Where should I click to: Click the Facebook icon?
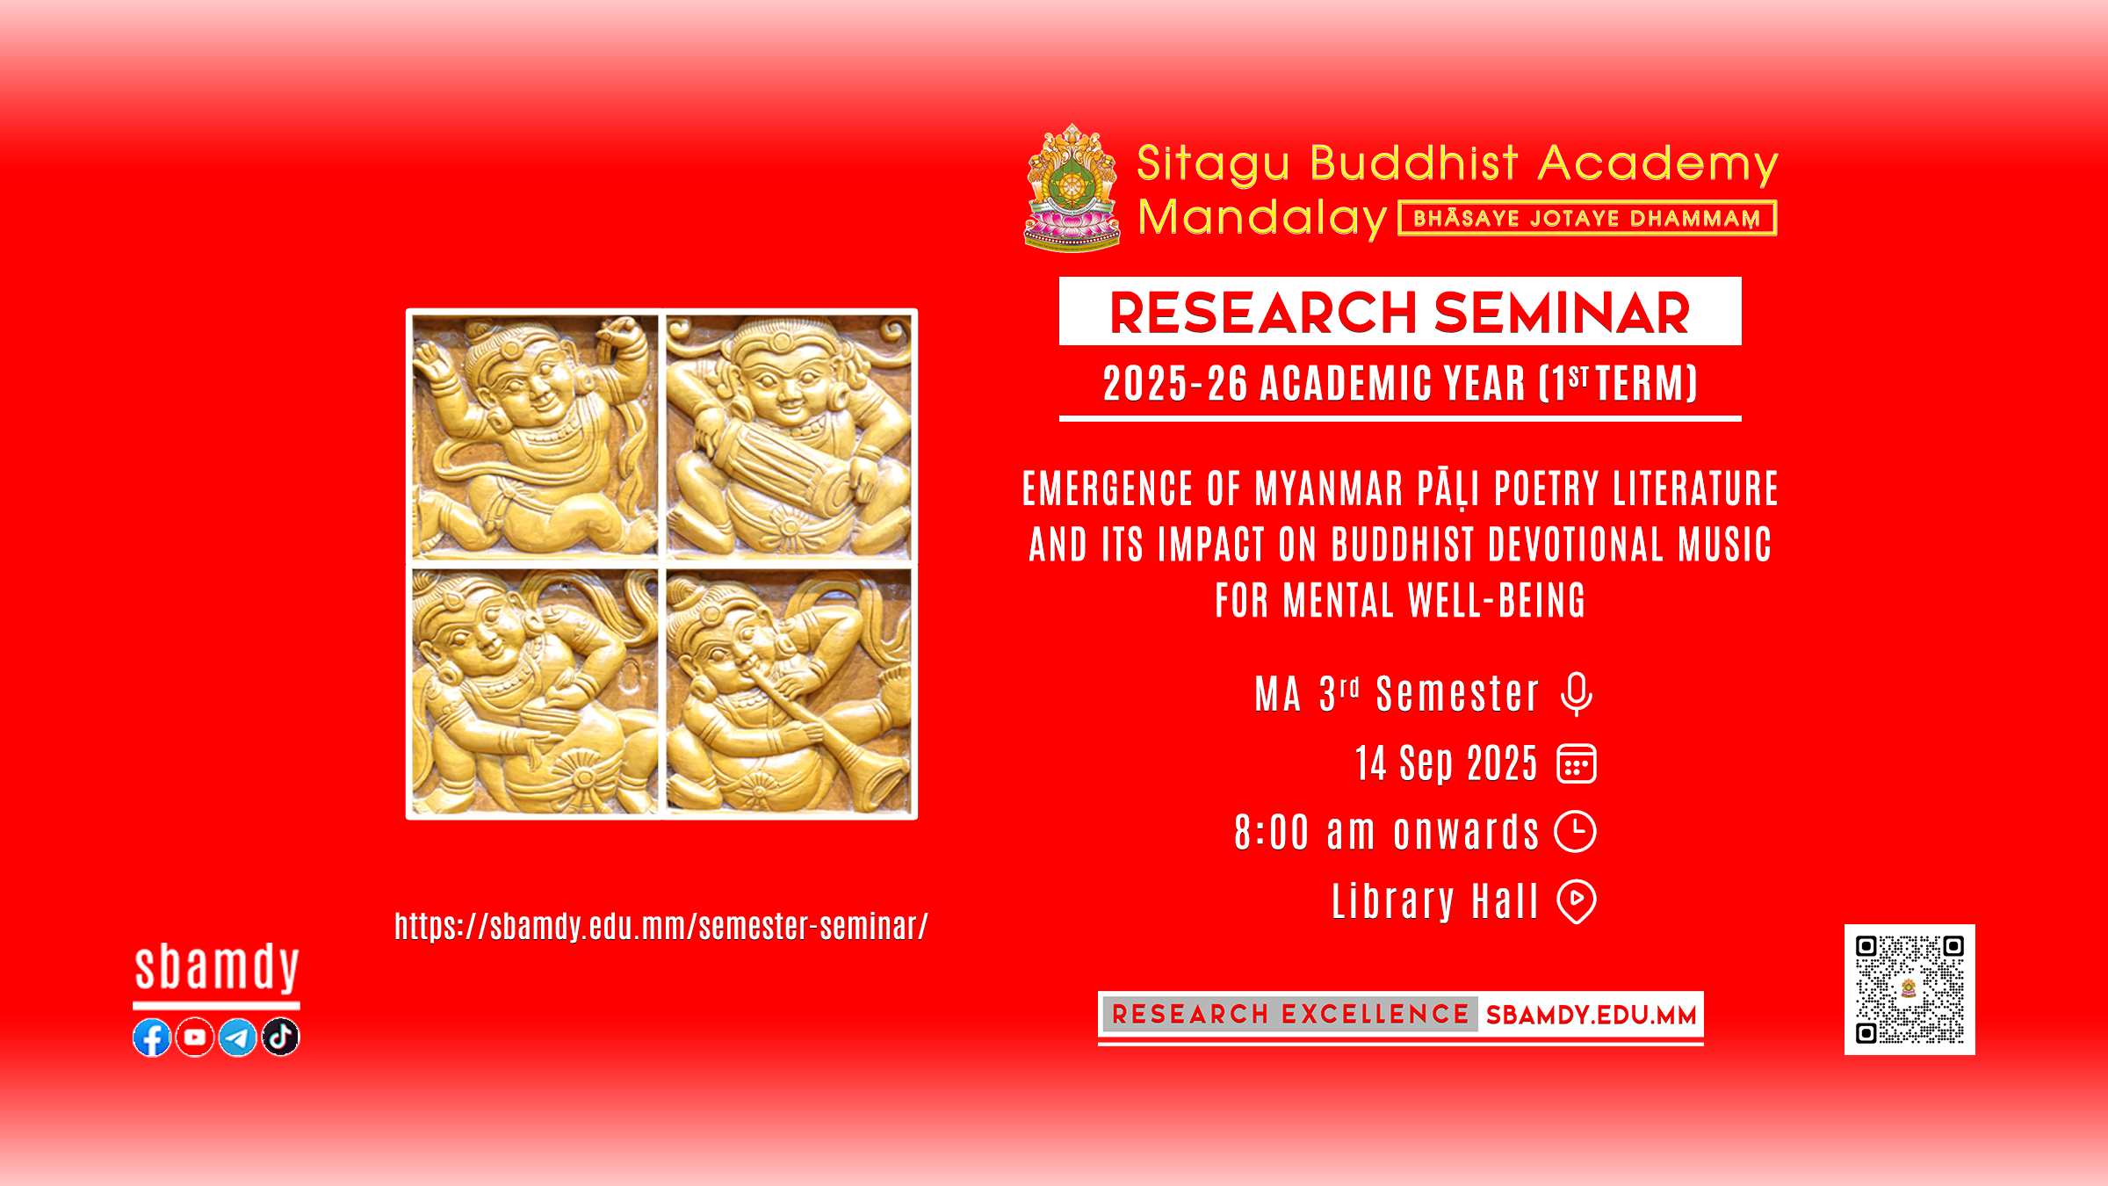(x=152, y=1038)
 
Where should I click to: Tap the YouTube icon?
(x=195, y=1038)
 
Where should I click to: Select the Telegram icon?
(x=237, y=1038)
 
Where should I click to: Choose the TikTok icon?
(x=280, y=1037)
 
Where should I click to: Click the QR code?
(x=1909, y=989)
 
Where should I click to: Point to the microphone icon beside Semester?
(x=1577, y=694)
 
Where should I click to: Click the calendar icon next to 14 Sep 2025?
(x=1577, y=763)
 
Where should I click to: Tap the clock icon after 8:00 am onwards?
(x=1576, y=832)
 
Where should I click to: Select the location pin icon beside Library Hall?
(x=1577, y=901)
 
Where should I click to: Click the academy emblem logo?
(x=1072, y=188)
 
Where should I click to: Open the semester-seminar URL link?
(x=661, y=926)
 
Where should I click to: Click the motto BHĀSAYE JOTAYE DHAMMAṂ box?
(x=1587, y=218)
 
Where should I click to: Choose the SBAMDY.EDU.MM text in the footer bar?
(x=1592, y=1016)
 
